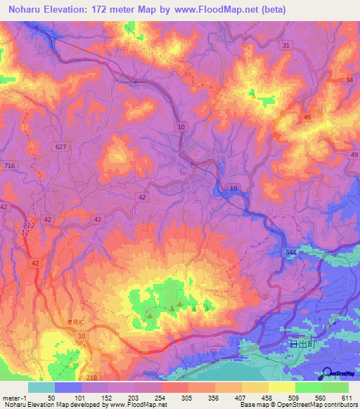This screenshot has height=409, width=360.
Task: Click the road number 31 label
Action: click(x=285, y=45)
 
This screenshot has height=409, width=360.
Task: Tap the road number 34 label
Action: click(x=349, y=80)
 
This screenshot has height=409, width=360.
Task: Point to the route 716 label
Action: click(x=9, y=164)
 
